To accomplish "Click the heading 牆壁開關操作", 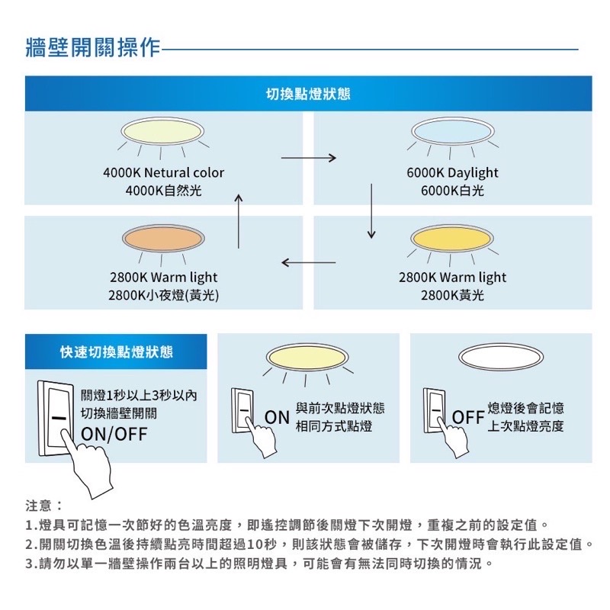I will tap(93, 47).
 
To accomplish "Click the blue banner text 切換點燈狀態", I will tap(308, 94).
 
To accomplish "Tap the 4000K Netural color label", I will tap(163, 173).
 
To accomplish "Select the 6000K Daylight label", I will tap(452, 173).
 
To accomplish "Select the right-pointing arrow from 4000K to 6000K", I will tap(309, 159).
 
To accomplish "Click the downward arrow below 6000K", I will tap(372, 210).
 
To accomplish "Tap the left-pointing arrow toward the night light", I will tap(309, 263).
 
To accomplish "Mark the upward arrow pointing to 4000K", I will tap(238, 221).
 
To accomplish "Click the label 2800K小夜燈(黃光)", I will tap(163, 295).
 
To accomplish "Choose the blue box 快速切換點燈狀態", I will tap(116, 352).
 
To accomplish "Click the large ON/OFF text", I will tap(114, 435).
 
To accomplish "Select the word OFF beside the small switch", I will tap(468, 418).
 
